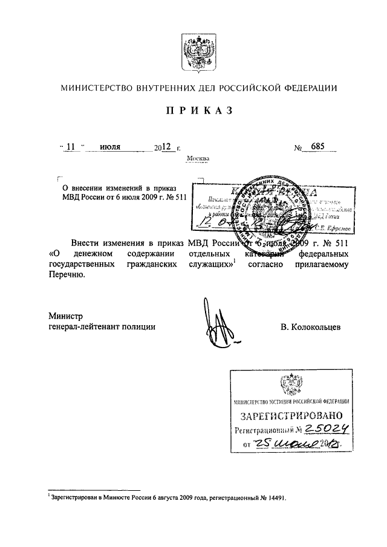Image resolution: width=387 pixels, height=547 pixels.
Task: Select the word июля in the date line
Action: pyautogui.click(x=111, y=147)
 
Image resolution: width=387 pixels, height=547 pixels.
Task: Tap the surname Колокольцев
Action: pyautogui.click(x=311, y=327)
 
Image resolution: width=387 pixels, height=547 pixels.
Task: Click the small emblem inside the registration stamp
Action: pyautogui.click(x=289, y=384)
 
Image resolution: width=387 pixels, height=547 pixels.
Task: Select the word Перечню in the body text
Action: pyautogui.click(x=65, y=275)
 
